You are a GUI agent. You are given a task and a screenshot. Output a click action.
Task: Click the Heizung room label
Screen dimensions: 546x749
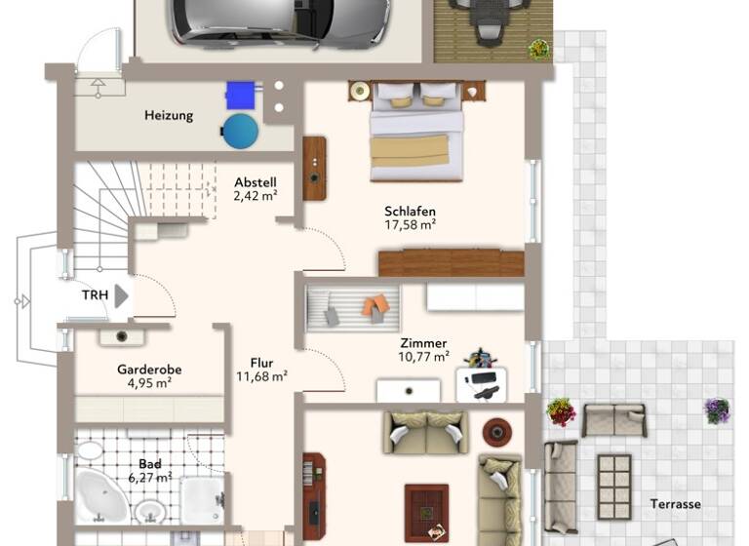169,115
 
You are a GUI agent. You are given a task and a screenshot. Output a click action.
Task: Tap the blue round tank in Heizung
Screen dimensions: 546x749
240,131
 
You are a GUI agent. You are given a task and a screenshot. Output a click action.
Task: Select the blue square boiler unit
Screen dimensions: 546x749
240,96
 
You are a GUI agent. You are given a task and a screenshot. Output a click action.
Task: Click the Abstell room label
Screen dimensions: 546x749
256,181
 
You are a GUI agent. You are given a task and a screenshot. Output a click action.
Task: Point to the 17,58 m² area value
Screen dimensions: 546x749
410,224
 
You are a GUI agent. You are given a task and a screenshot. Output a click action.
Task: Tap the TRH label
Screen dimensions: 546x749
95,294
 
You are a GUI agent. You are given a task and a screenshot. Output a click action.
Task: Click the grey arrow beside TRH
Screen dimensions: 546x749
121,295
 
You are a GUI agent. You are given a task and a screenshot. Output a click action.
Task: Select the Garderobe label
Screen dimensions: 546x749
149,370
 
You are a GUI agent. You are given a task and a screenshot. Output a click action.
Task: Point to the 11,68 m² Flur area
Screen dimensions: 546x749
261,376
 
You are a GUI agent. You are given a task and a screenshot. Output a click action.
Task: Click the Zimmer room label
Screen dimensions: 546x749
424,343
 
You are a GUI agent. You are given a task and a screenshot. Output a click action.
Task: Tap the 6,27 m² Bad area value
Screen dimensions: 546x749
149,477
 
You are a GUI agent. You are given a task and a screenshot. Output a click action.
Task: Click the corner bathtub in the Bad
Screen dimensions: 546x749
100,496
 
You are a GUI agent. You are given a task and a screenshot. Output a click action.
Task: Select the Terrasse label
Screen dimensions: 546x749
675,504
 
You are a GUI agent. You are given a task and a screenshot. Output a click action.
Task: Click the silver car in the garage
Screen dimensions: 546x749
281,22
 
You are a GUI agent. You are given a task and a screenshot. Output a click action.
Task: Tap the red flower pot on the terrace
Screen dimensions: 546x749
561,411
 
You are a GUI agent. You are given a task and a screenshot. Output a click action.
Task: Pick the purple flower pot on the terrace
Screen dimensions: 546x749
717,410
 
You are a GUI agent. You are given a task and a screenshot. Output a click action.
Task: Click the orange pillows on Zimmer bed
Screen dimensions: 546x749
375,306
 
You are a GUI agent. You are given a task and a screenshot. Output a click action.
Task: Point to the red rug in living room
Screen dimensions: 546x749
426,512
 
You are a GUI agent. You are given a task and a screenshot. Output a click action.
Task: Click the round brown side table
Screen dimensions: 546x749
496,430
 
